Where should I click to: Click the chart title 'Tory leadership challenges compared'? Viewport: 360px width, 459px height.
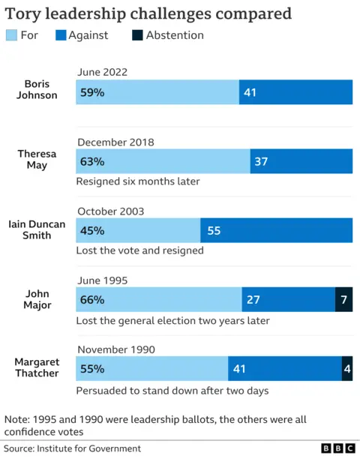(148, 14)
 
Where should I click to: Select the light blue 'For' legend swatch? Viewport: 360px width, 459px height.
(12, 35)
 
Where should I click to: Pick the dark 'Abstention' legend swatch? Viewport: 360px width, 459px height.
(136, 35)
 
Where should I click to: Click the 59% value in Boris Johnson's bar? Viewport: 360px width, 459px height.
(93, 91)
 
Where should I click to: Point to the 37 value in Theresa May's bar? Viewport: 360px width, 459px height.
(260, 161)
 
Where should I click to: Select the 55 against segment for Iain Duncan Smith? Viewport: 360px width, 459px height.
(276, 230)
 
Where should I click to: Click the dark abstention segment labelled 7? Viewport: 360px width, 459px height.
(343, 300)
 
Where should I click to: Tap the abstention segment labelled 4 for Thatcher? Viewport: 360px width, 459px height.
(346, 369)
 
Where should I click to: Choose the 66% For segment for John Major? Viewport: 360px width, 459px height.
(158, 300)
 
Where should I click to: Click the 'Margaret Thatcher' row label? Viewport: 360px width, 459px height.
(37, 367)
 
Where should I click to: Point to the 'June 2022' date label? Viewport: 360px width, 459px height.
(102, 72)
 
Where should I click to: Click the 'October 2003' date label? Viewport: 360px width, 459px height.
(110, 211)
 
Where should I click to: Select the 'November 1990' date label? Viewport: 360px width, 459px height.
(116, 349)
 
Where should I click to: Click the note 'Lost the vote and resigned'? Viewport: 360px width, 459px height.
(139, 250)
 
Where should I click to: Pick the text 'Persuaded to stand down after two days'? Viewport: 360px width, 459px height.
(172, 390)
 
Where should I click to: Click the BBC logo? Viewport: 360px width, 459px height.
(338, 448)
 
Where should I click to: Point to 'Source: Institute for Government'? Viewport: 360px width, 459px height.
(72, 448)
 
